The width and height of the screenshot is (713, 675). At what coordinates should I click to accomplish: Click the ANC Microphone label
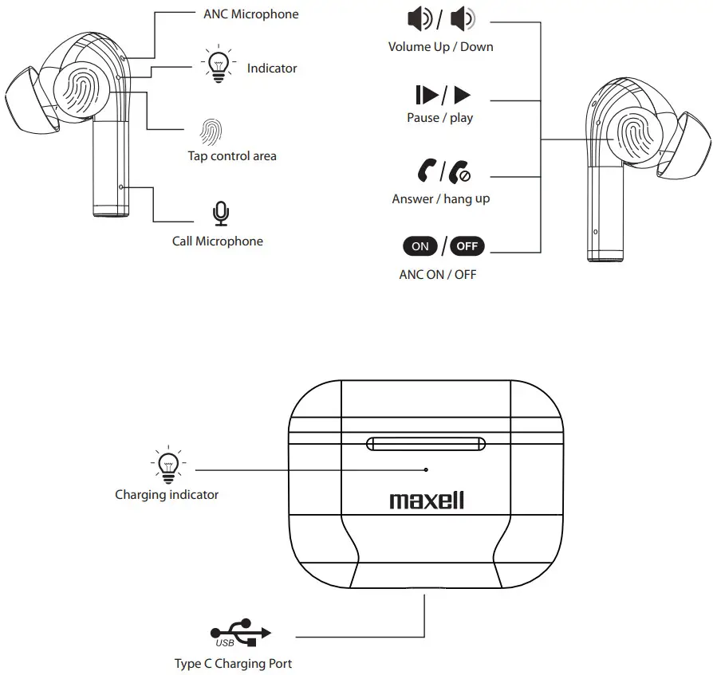pyautogui.click(x=251, y=14)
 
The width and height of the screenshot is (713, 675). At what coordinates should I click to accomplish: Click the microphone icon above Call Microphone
pyautogui.click(x=219, y=214)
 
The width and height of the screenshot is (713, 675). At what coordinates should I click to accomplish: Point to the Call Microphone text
pyautogui.click(x=217, y=241)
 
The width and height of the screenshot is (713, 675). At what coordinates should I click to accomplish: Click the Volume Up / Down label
pyautogui.click(x=440, y=46)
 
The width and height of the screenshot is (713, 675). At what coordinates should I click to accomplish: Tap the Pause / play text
pyautogui.click(x=439, y=118)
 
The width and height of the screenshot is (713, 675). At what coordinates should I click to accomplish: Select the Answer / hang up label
pyautogui.click(x=440, y=198)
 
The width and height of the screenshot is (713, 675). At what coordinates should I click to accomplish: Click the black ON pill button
pyautogui.click(x=420, y=246)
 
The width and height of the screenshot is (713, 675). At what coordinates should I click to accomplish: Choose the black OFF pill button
pyautogui.click(x=467, y=246)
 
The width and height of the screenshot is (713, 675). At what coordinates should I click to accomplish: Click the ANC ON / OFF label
pyautogui.click(x=437, y=275)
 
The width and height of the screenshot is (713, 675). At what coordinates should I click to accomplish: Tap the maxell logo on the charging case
pyautogui.click(x=427, y=500)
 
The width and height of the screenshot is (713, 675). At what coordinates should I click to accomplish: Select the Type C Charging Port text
pyautogui.click(x=233, y=663)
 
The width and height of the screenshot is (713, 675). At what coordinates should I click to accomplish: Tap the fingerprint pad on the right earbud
pyautogui.click(x=632, y=134)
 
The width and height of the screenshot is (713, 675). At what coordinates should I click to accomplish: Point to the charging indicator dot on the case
pyautogui.click(x=426, y=470)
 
